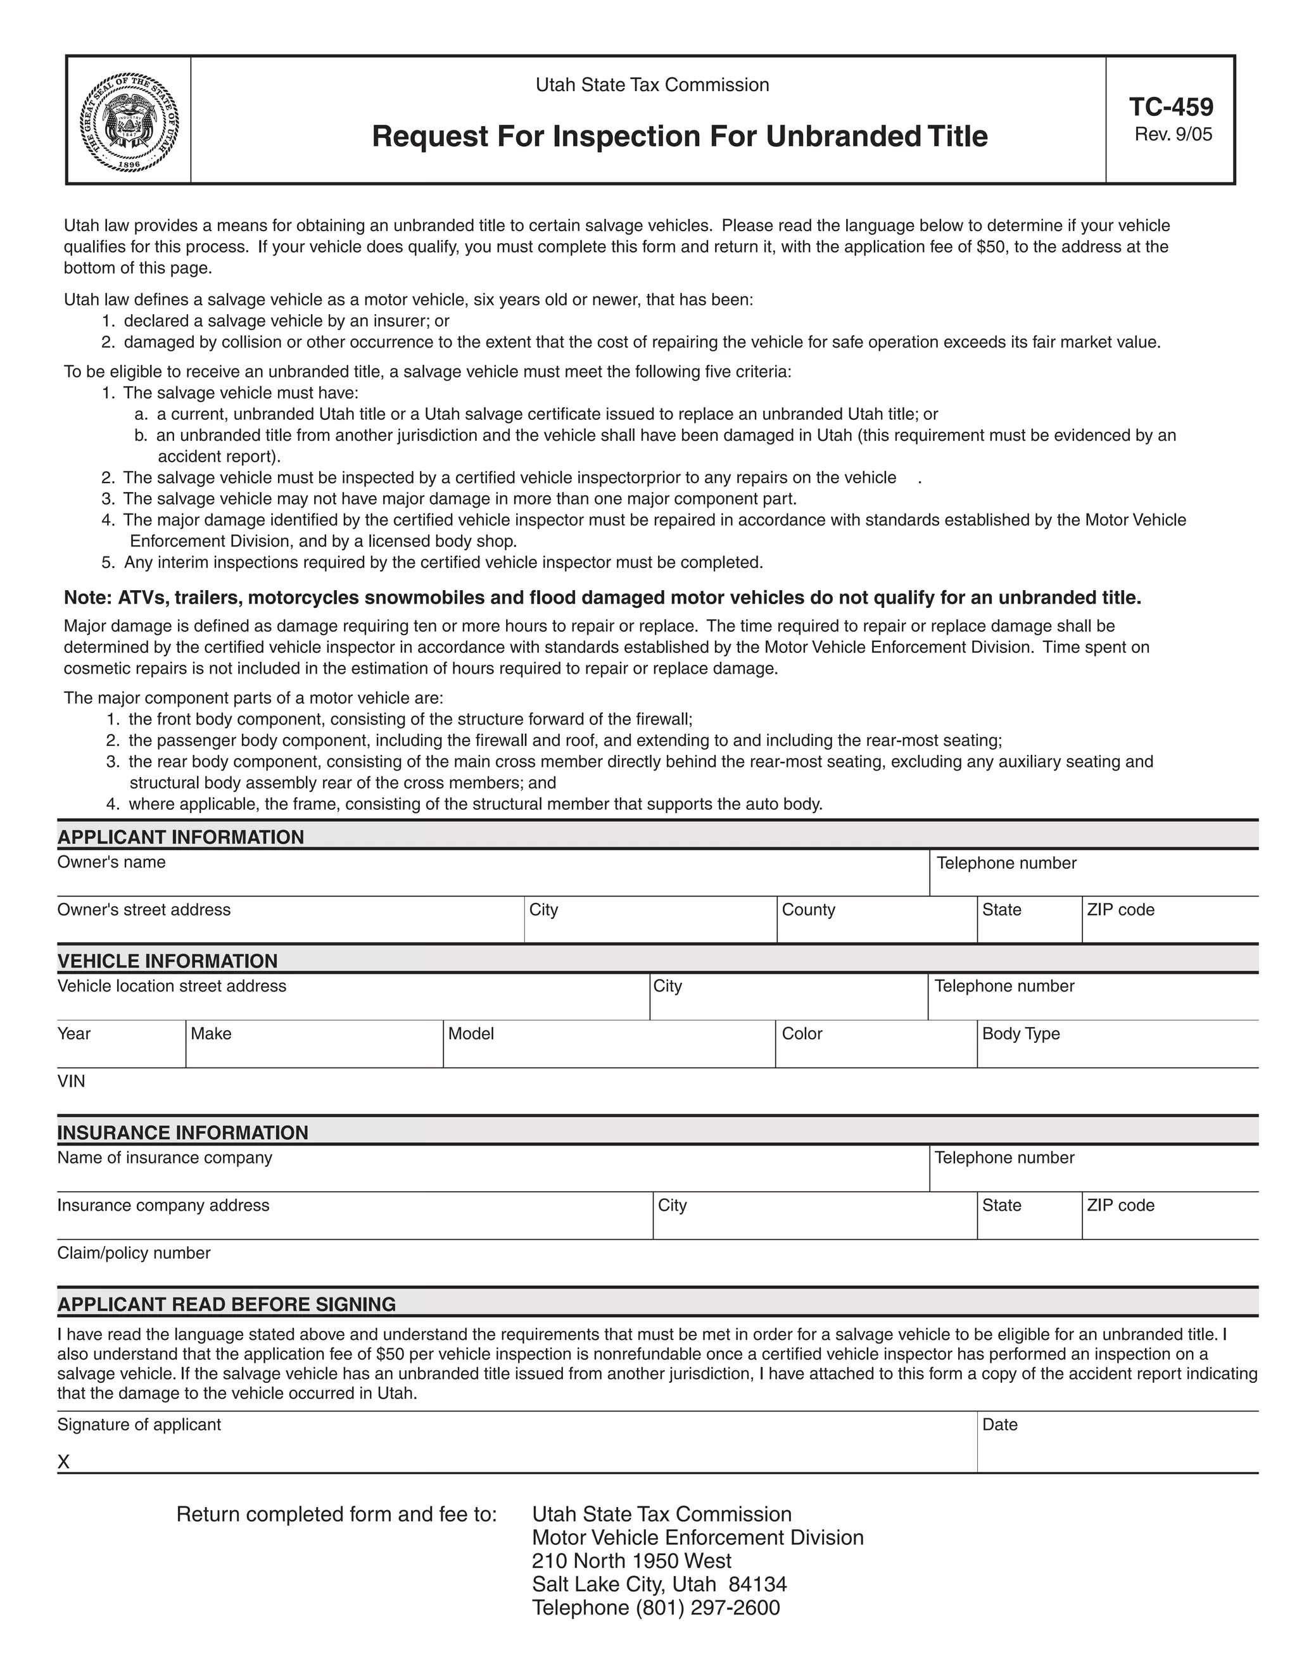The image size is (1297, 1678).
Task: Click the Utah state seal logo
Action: tap(129, 122)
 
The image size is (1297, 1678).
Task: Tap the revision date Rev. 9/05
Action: tap(1172, 134)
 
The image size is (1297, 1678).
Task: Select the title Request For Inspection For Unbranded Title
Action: tap(680, 137)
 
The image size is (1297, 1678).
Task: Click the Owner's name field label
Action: tap(111, 862)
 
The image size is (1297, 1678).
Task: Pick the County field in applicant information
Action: tap(876, 922)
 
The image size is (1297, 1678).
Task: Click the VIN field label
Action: tap(72, 1081)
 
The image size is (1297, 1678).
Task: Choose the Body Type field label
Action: tap(1020, 1033)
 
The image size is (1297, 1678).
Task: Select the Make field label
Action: tap(210, 1033)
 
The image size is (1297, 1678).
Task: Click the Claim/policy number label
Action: tap(134, 1253)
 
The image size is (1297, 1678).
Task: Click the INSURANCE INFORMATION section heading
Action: tap(183, 1133)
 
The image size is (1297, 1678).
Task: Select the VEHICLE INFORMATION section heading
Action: tap(167, 961)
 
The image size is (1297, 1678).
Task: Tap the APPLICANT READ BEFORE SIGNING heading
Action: tap(227, 1304)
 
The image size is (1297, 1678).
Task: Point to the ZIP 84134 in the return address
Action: tap(757, 1584)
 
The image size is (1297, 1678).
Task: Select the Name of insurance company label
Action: tap(165, 1158)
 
